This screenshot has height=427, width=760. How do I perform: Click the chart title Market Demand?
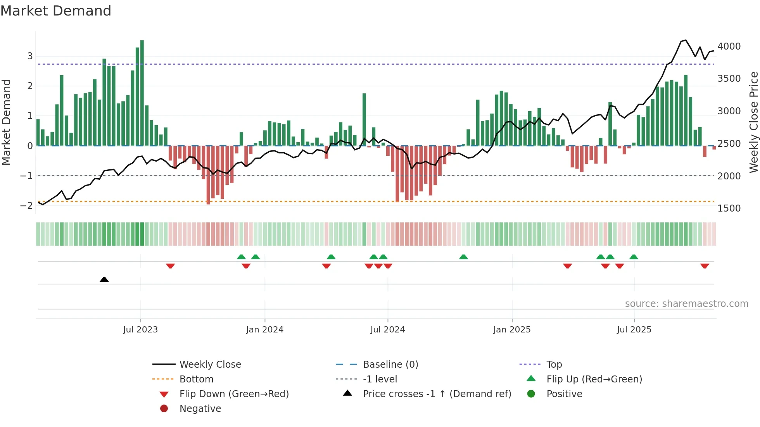pos(56,11)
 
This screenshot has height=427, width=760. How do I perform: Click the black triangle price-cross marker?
pos(104,279)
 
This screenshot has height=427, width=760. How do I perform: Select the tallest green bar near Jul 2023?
pos(142,93)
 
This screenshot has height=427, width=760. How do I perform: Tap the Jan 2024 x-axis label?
pos(264,330)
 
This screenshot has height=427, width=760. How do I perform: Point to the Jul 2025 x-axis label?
pos(634,330)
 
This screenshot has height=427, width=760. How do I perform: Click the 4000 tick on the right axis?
pos(729,46)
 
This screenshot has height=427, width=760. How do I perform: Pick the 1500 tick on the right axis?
pos(729,208)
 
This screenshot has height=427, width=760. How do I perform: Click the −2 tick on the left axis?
pos(26,206)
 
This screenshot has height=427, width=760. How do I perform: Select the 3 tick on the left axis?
pos(30,56)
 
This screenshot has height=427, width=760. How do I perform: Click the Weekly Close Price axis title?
pos(753,122)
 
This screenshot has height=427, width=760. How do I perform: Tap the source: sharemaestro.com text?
pos(686,304)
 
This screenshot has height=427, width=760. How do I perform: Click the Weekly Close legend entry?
pos(210,365)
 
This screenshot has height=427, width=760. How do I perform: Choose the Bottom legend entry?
pos(196,379)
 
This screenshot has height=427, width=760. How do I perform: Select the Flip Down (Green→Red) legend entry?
pos(234,394)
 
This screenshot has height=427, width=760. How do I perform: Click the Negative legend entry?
pos(200,409)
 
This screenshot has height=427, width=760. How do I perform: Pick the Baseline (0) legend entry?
pos(390,365)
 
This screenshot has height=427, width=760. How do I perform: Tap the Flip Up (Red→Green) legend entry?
pos(594,379)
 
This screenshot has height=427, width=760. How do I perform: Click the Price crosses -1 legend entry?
pos(437,394)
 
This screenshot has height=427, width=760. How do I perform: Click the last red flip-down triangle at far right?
pos(705,266)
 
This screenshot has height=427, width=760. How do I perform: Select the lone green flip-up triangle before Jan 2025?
pos(463,257)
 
